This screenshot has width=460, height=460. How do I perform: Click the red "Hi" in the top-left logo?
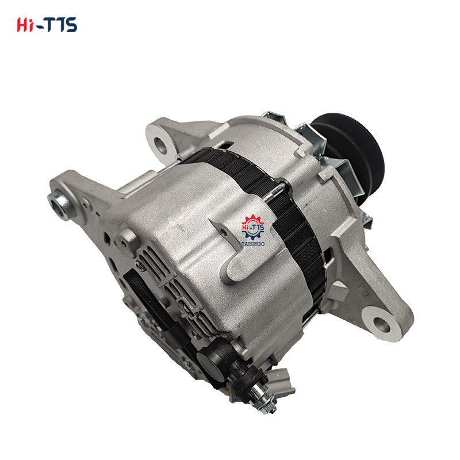coord(24,25)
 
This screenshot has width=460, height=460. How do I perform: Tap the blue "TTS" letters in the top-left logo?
coord(62,25)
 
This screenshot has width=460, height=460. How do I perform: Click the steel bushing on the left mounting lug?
coord(61,204)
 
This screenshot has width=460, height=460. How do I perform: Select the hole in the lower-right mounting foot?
coord(381,324)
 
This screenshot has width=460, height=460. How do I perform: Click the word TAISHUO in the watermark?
coord(253,244)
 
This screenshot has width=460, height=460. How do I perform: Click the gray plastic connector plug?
coord(282,382)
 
